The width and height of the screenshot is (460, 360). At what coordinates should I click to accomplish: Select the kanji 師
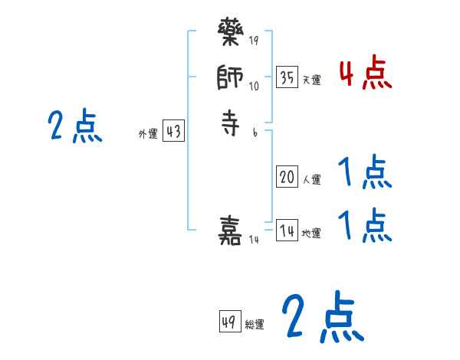(231, 79)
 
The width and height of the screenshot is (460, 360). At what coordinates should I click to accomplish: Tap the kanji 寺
(231, 123)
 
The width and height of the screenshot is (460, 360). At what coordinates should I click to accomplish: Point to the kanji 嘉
(231, 231)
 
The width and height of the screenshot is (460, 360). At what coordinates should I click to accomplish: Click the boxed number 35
(287, 77)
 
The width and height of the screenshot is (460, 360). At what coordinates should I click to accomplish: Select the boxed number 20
(287, 178)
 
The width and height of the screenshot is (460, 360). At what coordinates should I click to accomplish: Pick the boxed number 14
(287, 231)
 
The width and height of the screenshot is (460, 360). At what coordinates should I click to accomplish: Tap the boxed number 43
(173, 132)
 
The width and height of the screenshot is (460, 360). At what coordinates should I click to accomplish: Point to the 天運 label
(311, 80)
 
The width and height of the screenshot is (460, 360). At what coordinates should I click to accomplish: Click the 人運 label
(311, 180)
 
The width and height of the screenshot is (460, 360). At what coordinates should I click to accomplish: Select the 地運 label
(311, 233)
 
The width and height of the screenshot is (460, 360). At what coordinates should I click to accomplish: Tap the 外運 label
(148, 134)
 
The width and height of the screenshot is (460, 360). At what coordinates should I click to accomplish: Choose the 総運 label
(255, 325)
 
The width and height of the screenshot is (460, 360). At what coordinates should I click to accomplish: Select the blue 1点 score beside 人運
(365, 172)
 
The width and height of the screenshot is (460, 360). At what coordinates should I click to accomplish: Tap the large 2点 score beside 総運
(322, 318)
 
